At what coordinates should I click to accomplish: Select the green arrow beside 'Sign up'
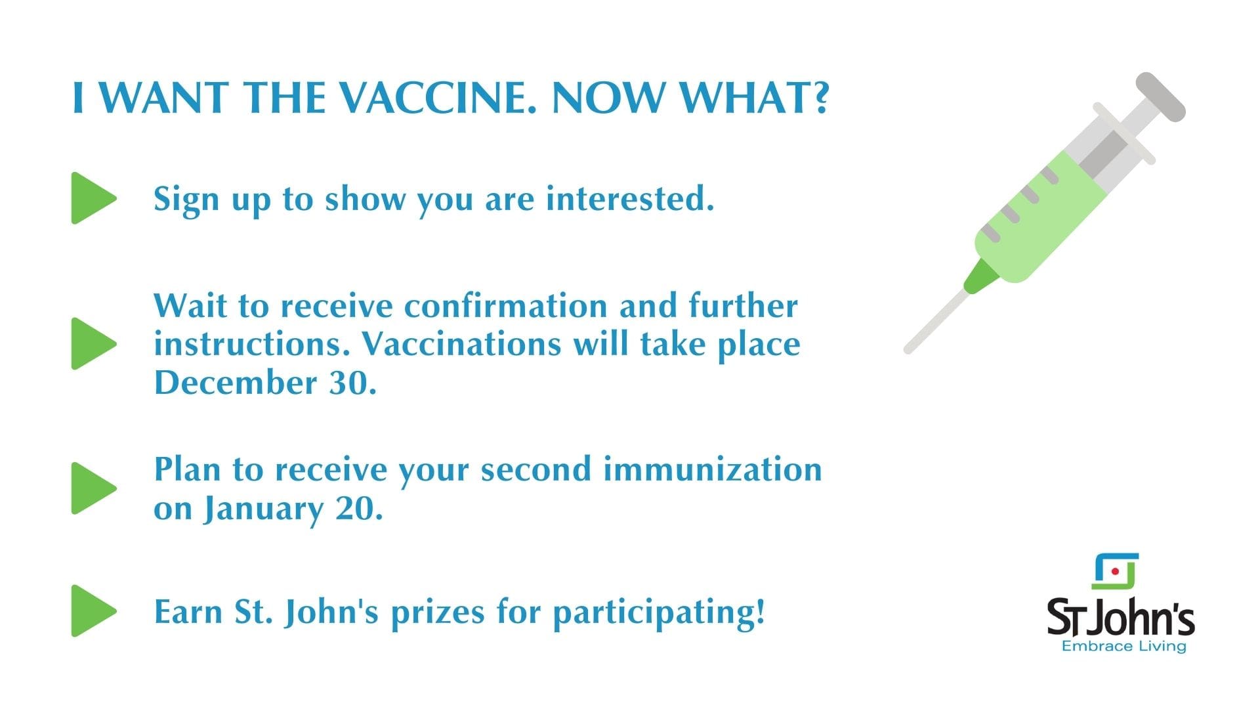click(x=94, y=198)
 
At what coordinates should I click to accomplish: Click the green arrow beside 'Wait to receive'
click(x=94, y=343)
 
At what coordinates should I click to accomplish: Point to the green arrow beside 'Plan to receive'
click(x=94, y=488)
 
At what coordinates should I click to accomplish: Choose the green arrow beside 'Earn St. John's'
click(x=94, y=611)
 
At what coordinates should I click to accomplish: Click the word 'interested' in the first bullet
click(x=630, y=198)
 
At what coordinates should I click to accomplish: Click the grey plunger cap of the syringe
click(x=1161, y=97)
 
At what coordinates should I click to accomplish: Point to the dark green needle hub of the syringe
click(x=980, y=276)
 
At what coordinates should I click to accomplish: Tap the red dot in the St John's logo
click(x=1115, y=572)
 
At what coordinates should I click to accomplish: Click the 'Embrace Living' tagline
click(x=1124, y=647)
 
